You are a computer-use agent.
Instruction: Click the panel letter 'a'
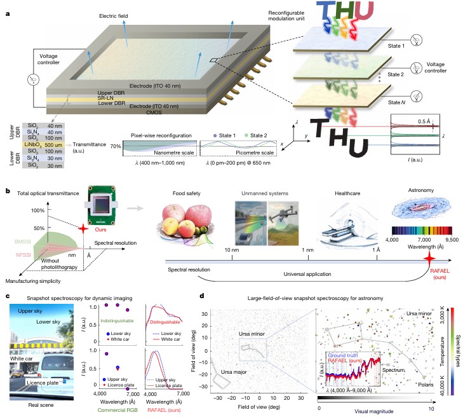tap(7, 8)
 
